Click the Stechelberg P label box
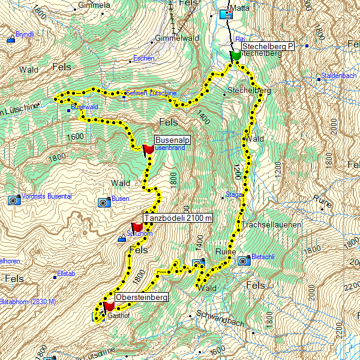pyautogui.click(x=266, y=46)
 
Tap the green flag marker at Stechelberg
pyautogui.click(x=235, y=55)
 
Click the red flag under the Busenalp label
pyautogui.click(x=148, y=149)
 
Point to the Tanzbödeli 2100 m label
pyautogui.click(x=178, y=218)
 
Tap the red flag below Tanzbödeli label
pyautogui.click(x=137, y=227)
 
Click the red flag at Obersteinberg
pyautogui.click(x=109, y=307)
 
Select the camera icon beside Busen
pyautogui.click(x=103, y=202)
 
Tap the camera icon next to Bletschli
pyautogui.click(x=244, y=261)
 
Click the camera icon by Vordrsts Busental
pyautogui.click(x=13, y=200)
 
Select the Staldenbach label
pyautogui.click(x=339, y=75)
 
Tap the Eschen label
pyautogui.click(x=144, y=58)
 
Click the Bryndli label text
pyautogui.click(x=25, y=34)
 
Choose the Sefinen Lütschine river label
pyautogui.click(x=151, y=94)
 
